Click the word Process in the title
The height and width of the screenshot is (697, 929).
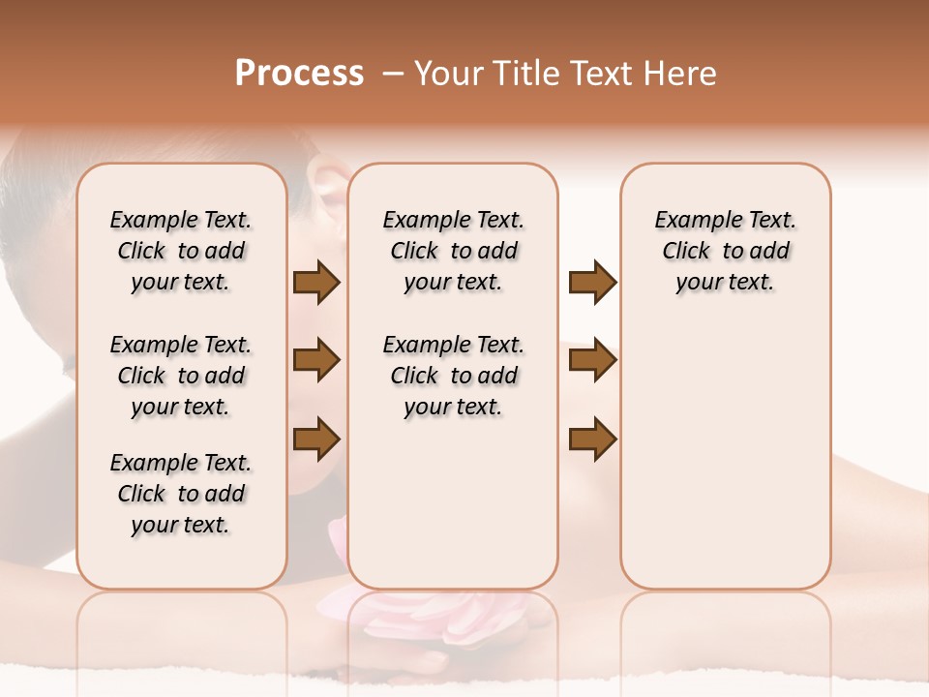tap(299, 74)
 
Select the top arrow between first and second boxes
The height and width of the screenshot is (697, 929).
tap(316, 282)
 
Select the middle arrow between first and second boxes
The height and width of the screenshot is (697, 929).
tap(316, 360)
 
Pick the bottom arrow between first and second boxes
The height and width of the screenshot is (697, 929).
tap(316, 439)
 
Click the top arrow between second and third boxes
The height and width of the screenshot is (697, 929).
tap(592, 282)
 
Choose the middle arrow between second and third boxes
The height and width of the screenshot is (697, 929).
tap(592, 360)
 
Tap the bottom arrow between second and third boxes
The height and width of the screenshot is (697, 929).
tap(592, 439)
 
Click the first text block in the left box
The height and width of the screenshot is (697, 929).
tap(181, 251)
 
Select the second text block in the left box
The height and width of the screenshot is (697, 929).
tap(181, 376)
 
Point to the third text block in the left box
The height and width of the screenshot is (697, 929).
tap(181, 494)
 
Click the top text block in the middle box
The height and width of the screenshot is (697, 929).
tap(453, 251)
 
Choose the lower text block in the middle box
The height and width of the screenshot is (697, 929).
tap(453, 376)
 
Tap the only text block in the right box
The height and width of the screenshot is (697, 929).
tap(725, 251)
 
